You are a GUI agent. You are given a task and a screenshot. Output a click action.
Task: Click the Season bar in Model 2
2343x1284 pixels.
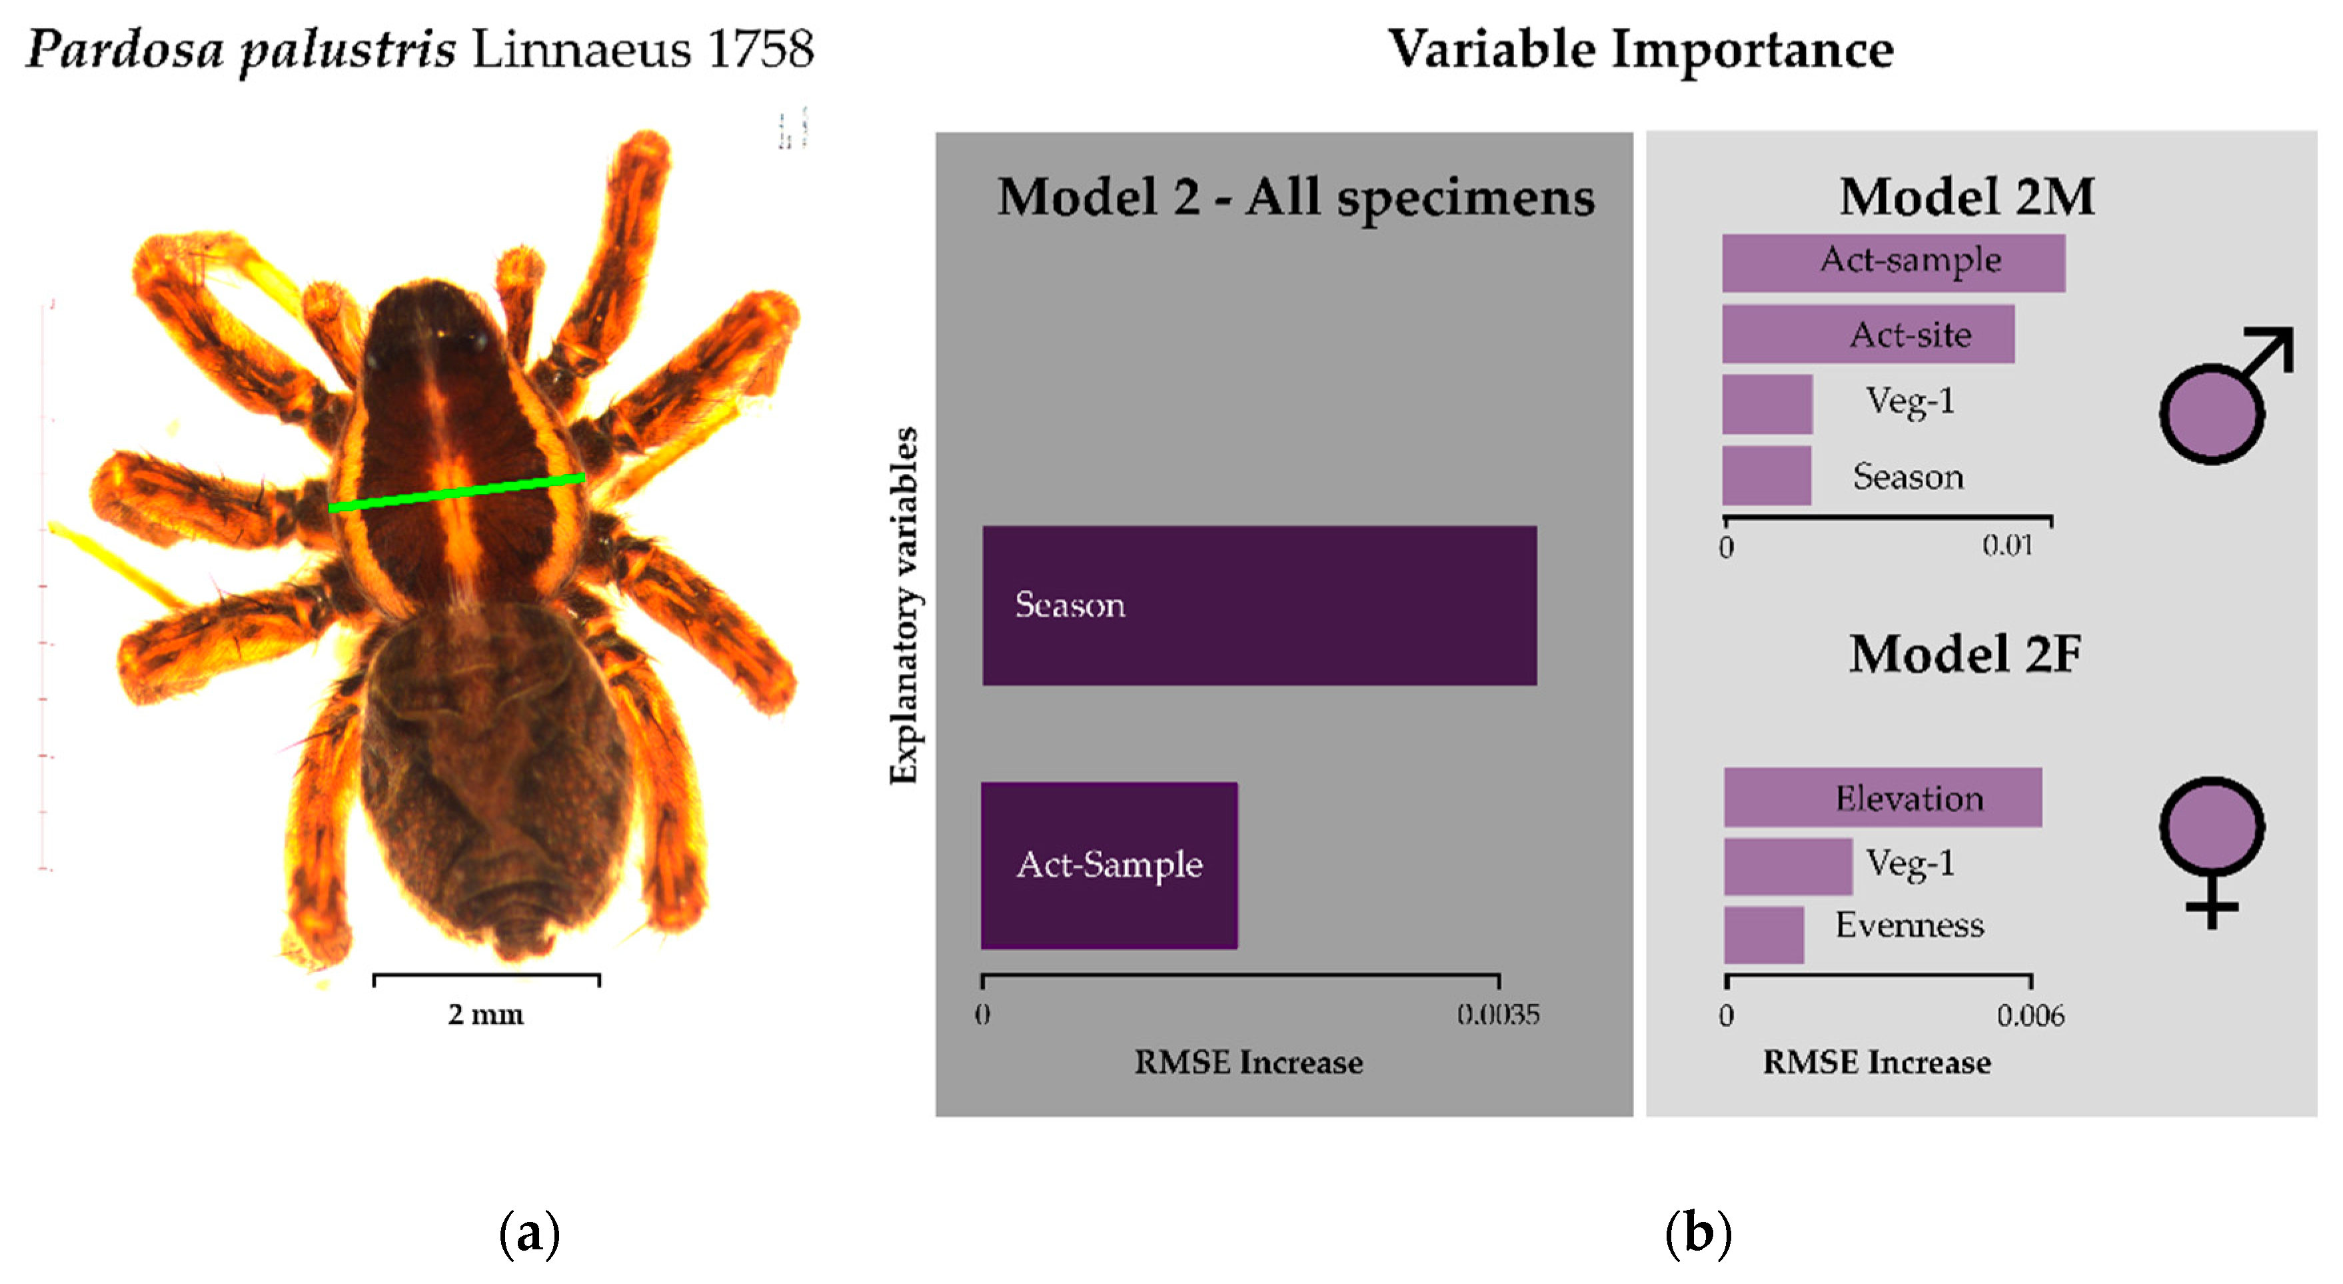(x=1259, y=605)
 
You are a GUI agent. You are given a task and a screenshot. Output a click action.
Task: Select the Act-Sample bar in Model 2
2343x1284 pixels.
(x=1109, y=865)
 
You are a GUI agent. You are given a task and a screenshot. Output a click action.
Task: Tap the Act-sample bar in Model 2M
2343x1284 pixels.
(x=1893, y=263)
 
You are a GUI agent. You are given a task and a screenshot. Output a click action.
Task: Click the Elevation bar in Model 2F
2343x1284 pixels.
(x=1882, y=797)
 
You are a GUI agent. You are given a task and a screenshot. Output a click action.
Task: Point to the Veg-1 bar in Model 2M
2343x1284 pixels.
(x=1767, y=404)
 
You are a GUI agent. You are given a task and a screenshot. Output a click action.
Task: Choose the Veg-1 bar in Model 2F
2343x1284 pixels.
(x=1787, y=866)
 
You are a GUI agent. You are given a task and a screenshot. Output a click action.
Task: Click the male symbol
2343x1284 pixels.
(x=2219, y=401)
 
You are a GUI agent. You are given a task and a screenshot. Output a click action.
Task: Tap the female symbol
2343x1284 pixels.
(x=2212, y=846)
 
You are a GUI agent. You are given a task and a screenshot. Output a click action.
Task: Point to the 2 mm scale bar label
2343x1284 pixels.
(x=486, y=1014)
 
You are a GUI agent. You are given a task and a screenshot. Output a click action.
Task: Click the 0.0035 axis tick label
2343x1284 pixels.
(x=1498, y=1015)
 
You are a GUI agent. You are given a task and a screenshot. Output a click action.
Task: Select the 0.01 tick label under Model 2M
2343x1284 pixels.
(x=2006, y=546)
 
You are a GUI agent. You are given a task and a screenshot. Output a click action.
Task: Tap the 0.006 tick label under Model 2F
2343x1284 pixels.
(x=2030, y=1015)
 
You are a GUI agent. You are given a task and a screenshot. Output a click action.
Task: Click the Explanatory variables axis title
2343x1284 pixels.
(x=905, y=605)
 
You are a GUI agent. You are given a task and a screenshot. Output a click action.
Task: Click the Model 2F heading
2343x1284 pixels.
(x=1964, y=654)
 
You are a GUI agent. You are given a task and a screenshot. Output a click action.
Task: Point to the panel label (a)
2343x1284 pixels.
(x=529, y=1234)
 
